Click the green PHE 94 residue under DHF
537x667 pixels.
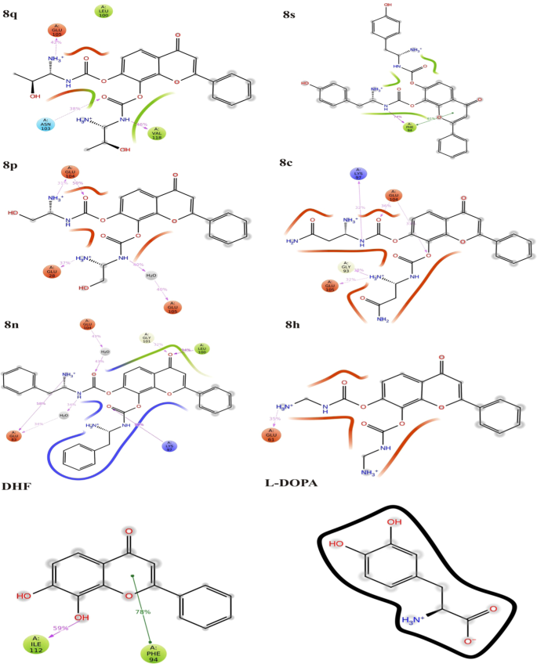pyautogui.click(x=152, y=651)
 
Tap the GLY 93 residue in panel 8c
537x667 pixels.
pyautogui.click(x=346, y=268)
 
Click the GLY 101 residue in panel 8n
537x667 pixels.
pyautogui.click(x=146, y=339)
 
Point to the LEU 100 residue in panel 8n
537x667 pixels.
pyautogui.click(x=201, y=348)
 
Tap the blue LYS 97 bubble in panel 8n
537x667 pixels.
pyautogui.click(x=169, y=448)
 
